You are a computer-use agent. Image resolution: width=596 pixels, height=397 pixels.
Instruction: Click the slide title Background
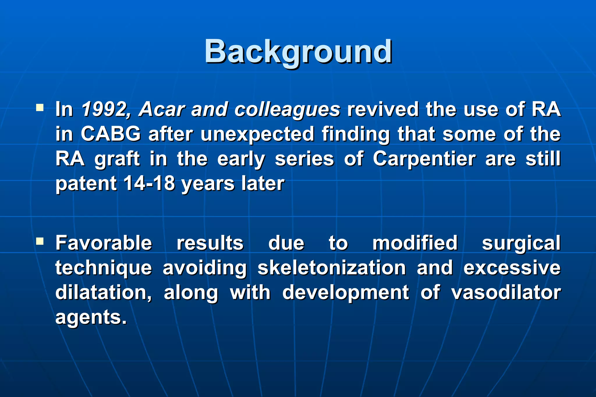click(298, 52)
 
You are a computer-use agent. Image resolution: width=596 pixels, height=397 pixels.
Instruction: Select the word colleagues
click(287, 110)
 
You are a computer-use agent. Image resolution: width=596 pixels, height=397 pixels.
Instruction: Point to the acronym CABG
click(111, 134)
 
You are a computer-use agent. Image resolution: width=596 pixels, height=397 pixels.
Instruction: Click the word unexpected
click(257, 134)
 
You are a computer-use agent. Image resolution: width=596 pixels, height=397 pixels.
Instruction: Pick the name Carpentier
click(424, 159)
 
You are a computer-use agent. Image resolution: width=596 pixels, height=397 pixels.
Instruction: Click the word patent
click(86, 184)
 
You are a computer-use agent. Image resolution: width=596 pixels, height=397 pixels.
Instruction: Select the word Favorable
click(104, 243)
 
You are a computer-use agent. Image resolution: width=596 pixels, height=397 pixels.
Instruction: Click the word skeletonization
click(332, 268)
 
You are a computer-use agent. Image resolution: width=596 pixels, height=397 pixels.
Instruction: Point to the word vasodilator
click(506, 292)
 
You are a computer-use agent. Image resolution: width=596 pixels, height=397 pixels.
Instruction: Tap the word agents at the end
click(91, 317)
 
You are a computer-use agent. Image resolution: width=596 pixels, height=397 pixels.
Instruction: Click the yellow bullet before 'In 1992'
click(40, 108)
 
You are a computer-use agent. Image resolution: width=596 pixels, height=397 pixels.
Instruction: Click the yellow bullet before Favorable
click(40, 242)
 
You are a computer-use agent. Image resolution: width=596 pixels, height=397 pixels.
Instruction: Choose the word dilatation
click(104, 292)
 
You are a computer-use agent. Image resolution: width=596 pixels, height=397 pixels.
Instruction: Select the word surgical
click(521, 243)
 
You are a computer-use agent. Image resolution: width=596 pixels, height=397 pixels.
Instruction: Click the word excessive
click(512, 268)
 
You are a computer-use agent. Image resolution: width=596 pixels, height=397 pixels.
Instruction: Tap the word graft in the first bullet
click(117, 159)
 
